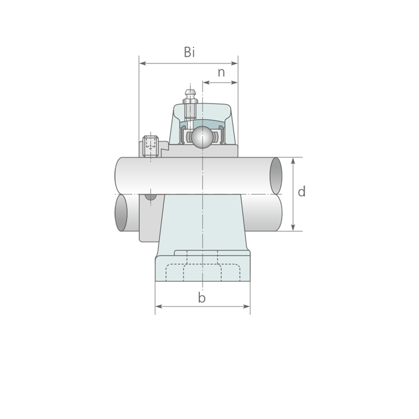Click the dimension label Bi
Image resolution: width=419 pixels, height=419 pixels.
[190, 52]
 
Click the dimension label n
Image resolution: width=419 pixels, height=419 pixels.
[221, 72]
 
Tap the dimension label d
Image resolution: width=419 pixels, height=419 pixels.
[302, 192]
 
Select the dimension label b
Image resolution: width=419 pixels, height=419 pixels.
[202, 297]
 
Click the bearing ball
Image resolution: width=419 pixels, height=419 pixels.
[202, 137]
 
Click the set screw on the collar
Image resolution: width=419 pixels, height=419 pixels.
[151, 146]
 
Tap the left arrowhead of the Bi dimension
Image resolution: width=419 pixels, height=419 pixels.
[143, 63]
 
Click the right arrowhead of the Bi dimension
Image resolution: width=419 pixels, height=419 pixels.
[234, 63]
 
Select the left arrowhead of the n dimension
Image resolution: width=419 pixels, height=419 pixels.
[207, 83]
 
